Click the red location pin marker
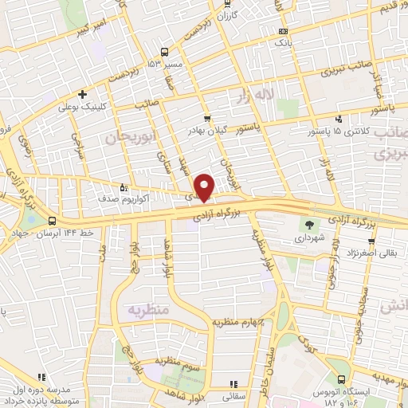(205, 187)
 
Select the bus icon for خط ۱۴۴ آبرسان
(53, 221)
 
